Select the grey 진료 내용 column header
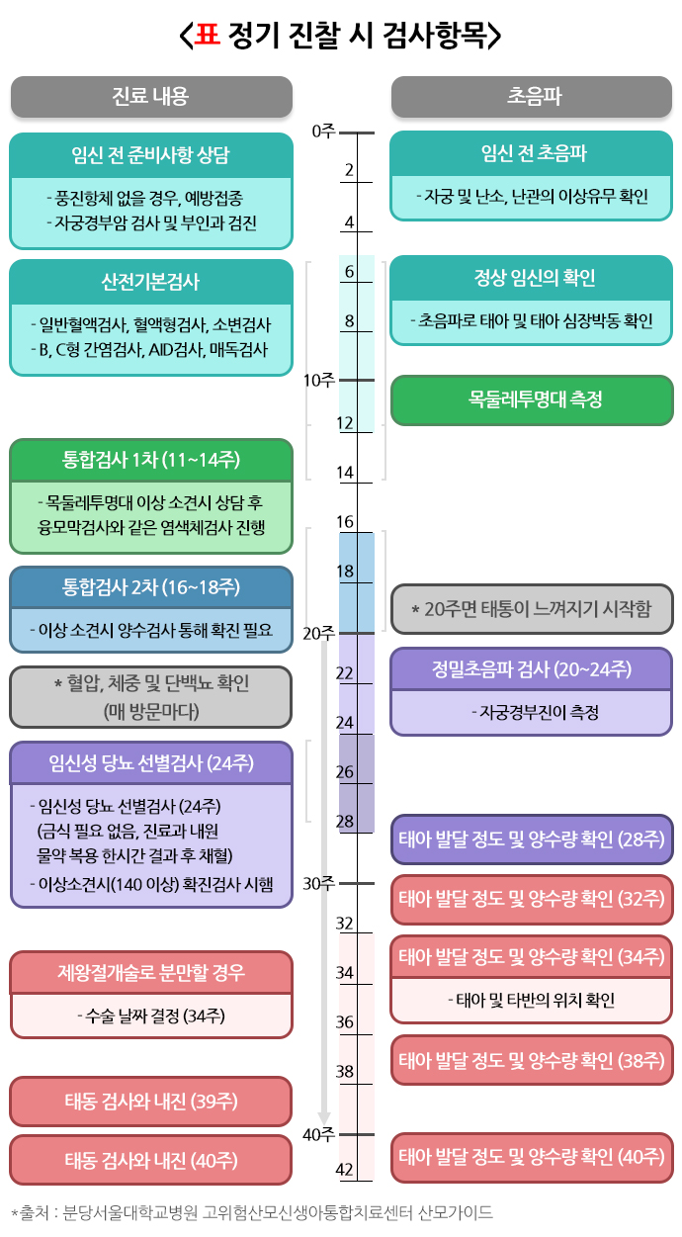click(151, 96)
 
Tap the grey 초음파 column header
click(533, 96)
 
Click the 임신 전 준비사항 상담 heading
click(151, 155)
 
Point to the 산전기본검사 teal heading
click(151, 282)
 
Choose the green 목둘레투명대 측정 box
click(533, 399)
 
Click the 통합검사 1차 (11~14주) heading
click(151, 460)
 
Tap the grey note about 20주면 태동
click(533, 608)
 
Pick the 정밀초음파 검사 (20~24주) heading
click(533, 668)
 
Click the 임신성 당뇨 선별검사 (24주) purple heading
click(151, 762)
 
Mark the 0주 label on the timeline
click(322, 131)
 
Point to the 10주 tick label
click(319, 381)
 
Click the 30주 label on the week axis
click(319, 883)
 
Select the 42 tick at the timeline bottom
click(345, 1170)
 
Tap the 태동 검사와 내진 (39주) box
click(151, 1102)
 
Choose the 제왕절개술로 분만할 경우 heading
click(151, 973)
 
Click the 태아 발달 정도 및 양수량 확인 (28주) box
click(533, 839)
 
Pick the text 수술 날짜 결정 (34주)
click(151, 1016)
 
